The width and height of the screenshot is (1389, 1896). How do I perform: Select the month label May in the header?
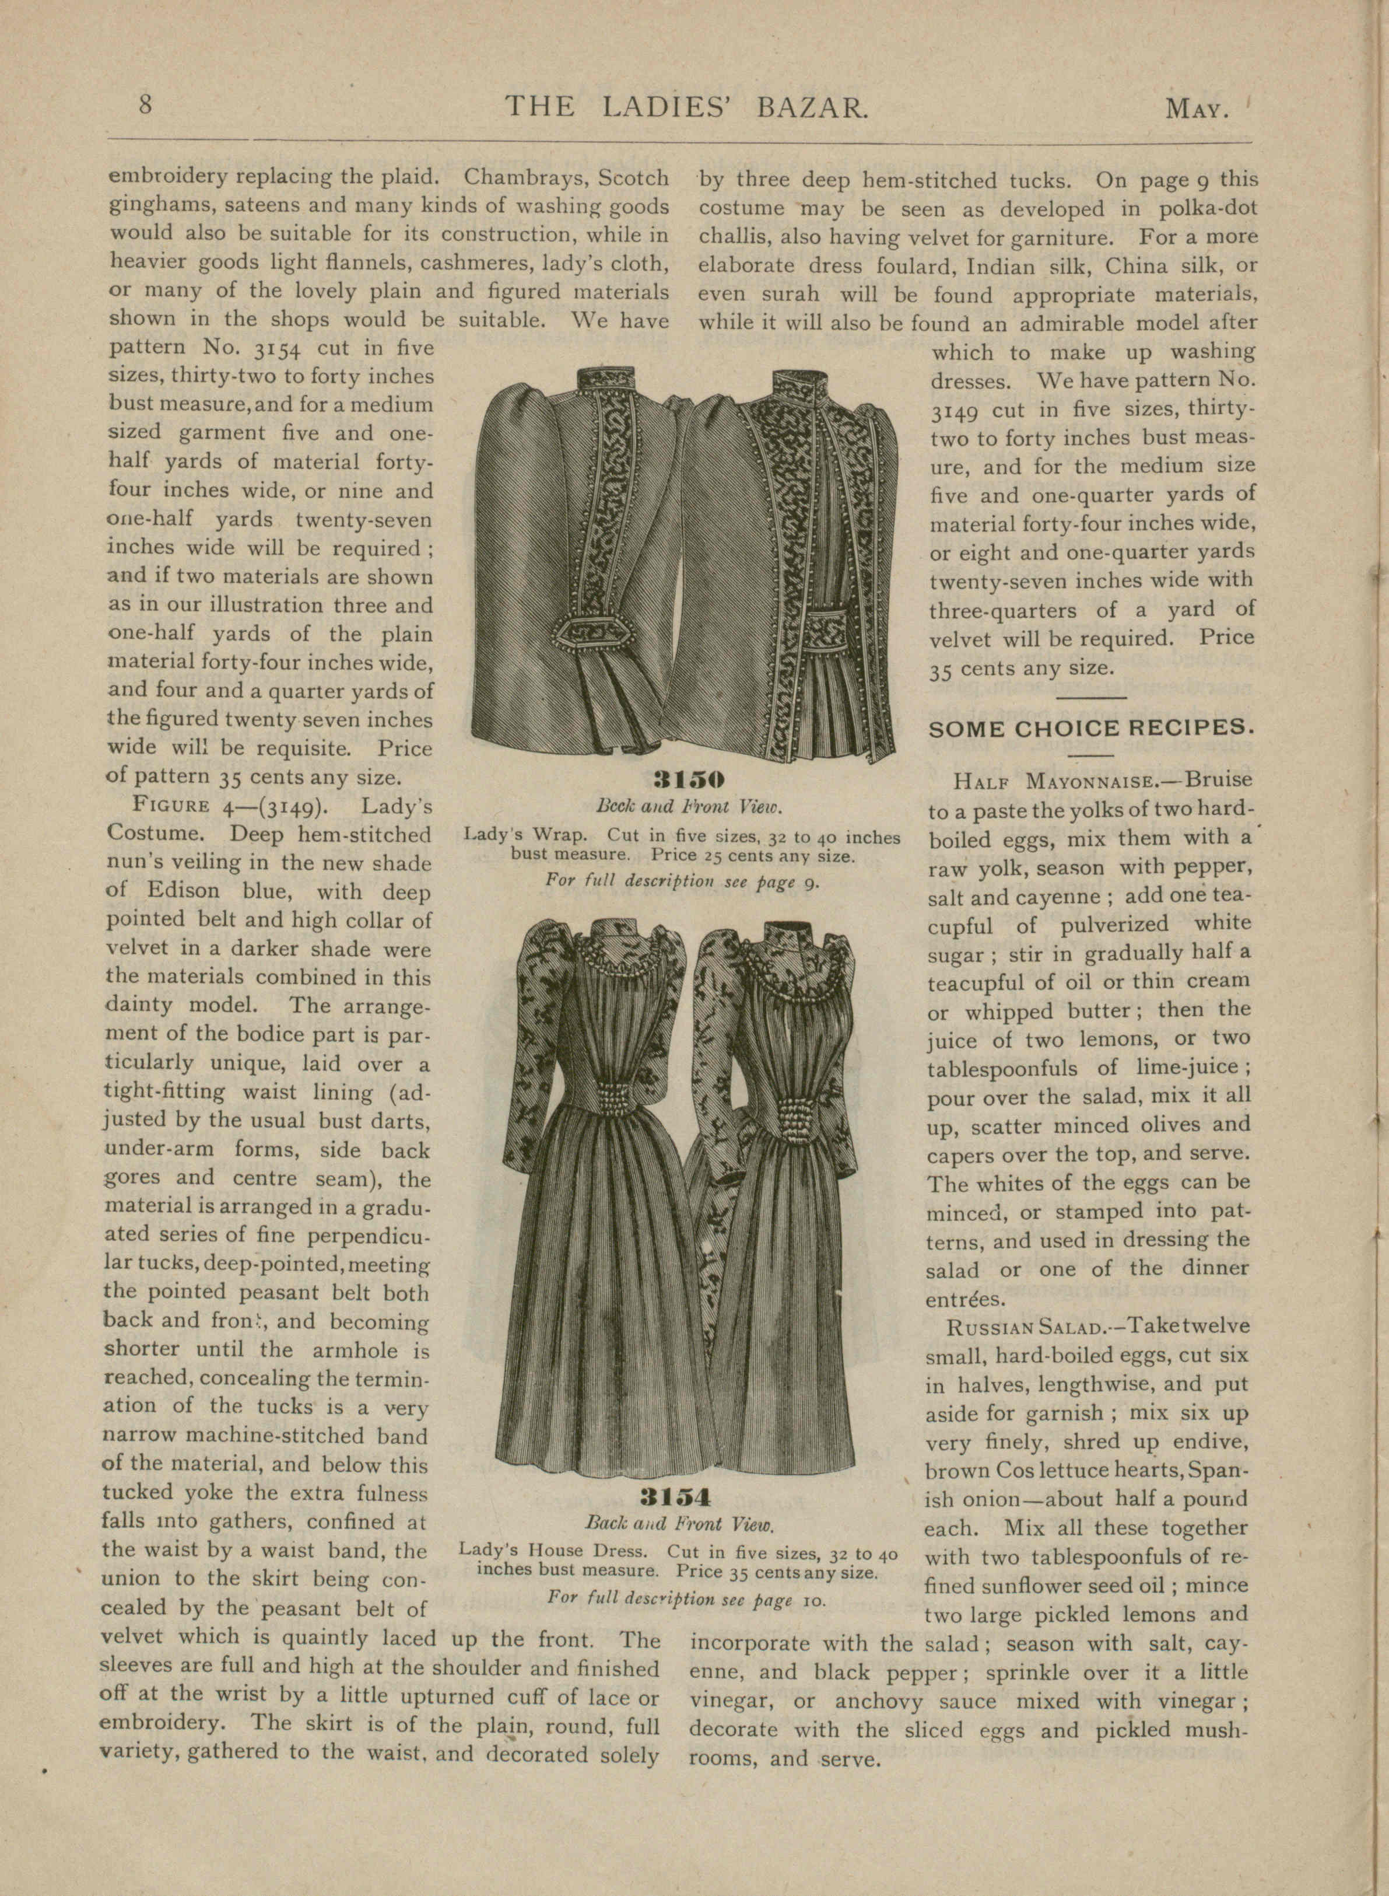click(1197, 109)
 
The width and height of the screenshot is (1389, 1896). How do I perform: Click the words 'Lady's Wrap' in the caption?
click(527, 837)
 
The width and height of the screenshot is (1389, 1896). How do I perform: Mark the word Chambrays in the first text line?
click(521, 179)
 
